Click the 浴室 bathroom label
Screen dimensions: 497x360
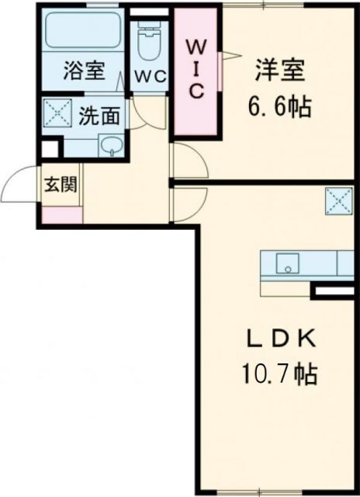[83, 71]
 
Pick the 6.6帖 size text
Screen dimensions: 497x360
[281, 106]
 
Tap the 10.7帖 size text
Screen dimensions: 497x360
[279, 375]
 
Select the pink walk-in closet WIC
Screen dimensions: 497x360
[196, 71]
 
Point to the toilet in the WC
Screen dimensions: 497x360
[146, 42]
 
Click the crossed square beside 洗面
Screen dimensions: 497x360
[57, 114]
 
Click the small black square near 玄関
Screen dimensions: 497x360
[49, 149]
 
